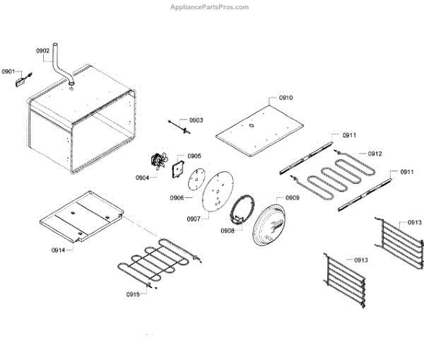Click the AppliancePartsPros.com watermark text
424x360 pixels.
(x=210, y=7)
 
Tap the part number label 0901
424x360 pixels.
(x=8, y=71)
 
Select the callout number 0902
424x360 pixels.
(x=42, y=51)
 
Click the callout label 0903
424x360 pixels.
(x=195, y=120)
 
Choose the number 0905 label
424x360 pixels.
(x=194, y=156)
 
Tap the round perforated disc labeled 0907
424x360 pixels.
(x=217, y=191)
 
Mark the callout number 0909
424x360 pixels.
(x=291, y=198)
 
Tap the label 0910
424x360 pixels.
(x=285, y=98)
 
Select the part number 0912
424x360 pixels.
(x=375, y=153)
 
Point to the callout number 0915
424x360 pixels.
(x=134, y=294)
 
